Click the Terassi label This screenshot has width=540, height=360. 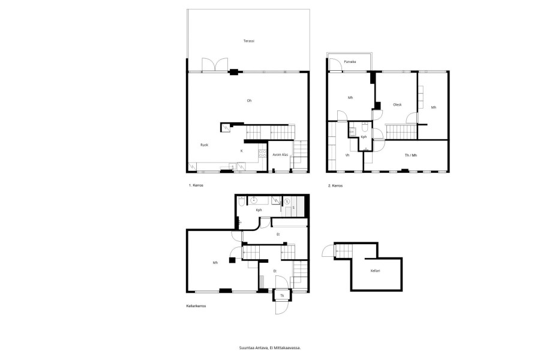tap(248, 41)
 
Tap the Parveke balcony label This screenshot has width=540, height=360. tap(350, 62)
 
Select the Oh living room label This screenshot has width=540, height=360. tap(249, 101)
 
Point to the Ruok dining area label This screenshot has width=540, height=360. tap(204, 145)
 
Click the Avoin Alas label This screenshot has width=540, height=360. tap(280, 155)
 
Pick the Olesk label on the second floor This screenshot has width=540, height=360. tap(397, 105)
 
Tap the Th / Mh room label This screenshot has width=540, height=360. tap(410, 155)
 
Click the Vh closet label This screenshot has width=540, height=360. tap(347, 155)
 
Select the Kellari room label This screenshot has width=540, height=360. tap(375, 271)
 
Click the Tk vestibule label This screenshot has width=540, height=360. tap(282, 296)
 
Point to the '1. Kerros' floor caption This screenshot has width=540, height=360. tap(196, 185)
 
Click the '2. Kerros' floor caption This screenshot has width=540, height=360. tap(335, 185)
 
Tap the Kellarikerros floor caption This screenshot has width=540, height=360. tap(196, 306)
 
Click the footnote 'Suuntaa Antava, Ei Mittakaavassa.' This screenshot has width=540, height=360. tap(270, 348)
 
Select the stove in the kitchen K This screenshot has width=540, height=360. tap(262, 153)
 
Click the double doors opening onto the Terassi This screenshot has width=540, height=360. tap(215, 64)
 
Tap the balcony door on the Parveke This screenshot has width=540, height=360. tap(334, 65)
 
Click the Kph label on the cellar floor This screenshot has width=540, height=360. tap(259, 210)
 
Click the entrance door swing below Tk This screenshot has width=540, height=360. tap(281, 308)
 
